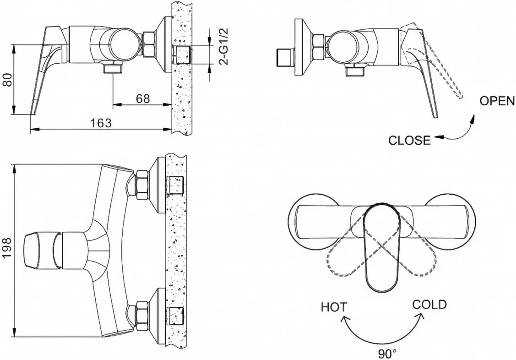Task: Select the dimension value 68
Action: click(x=143, y=98)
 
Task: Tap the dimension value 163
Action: click(x=101, y=123)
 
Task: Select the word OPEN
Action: click(x=497, y=101)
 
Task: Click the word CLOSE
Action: click(x=409, y=141)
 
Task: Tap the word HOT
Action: click(x=334, y=307)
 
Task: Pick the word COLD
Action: click(x=429, y=305)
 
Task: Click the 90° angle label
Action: click(x=387, y=354)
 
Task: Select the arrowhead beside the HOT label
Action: click(x=345, y=318)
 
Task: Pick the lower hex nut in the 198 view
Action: click(x=142, y=315)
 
